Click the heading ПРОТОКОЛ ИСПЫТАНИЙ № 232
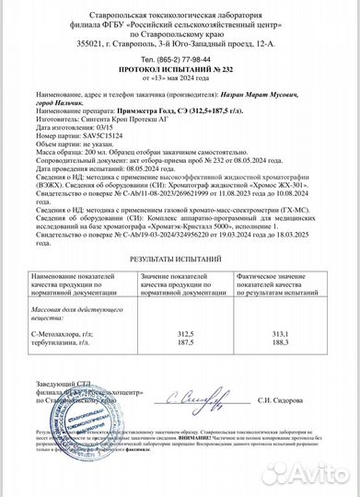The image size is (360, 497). [x=180, y=68]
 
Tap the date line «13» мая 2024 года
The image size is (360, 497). [x=180, y=77]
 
